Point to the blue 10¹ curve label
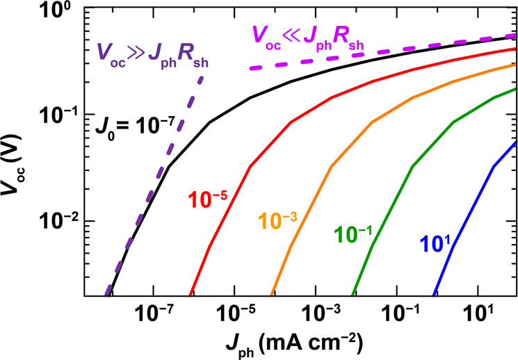[x=435, y=244]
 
